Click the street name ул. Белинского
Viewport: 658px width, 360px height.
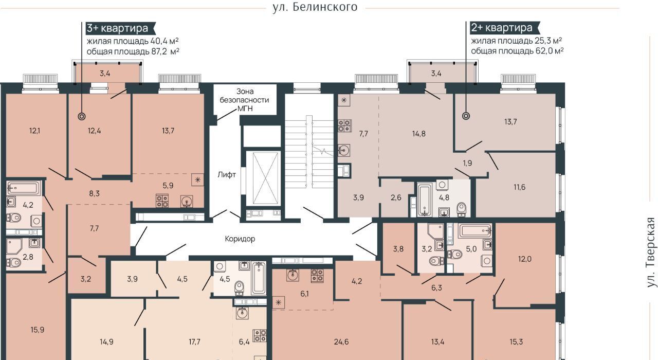315,7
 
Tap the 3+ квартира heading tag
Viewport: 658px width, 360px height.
121,28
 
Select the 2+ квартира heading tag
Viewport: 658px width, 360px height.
505,28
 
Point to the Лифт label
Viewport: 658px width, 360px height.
227,175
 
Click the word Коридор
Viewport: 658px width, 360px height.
240,239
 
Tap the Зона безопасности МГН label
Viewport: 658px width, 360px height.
244,100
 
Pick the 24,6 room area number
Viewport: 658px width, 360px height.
341,342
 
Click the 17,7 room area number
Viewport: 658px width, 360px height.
194,342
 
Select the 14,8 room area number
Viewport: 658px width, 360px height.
418,134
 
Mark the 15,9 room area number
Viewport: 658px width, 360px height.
38,330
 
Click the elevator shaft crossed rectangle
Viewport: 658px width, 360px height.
265,178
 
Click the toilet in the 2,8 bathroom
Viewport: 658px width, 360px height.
14,262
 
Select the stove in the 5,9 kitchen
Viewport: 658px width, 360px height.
162,201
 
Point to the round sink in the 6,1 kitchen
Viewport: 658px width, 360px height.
293,275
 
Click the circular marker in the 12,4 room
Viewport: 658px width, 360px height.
82,117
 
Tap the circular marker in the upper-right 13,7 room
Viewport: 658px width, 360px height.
466,116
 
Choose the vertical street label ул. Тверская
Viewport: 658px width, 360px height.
651,253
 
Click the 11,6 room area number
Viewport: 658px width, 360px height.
519,187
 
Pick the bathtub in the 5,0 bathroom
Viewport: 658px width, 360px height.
476,231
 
